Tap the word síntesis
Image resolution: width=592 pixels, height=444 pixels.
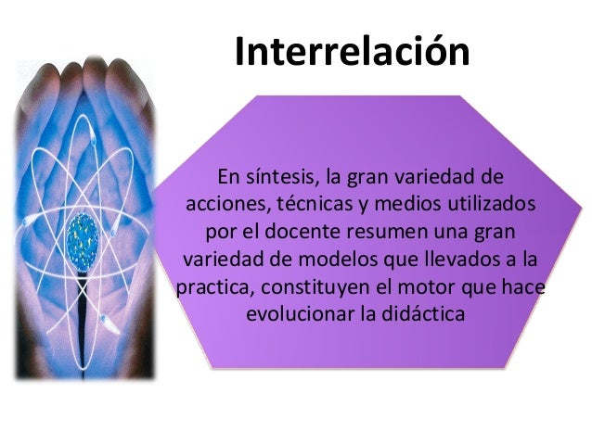tap(279, 176)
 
